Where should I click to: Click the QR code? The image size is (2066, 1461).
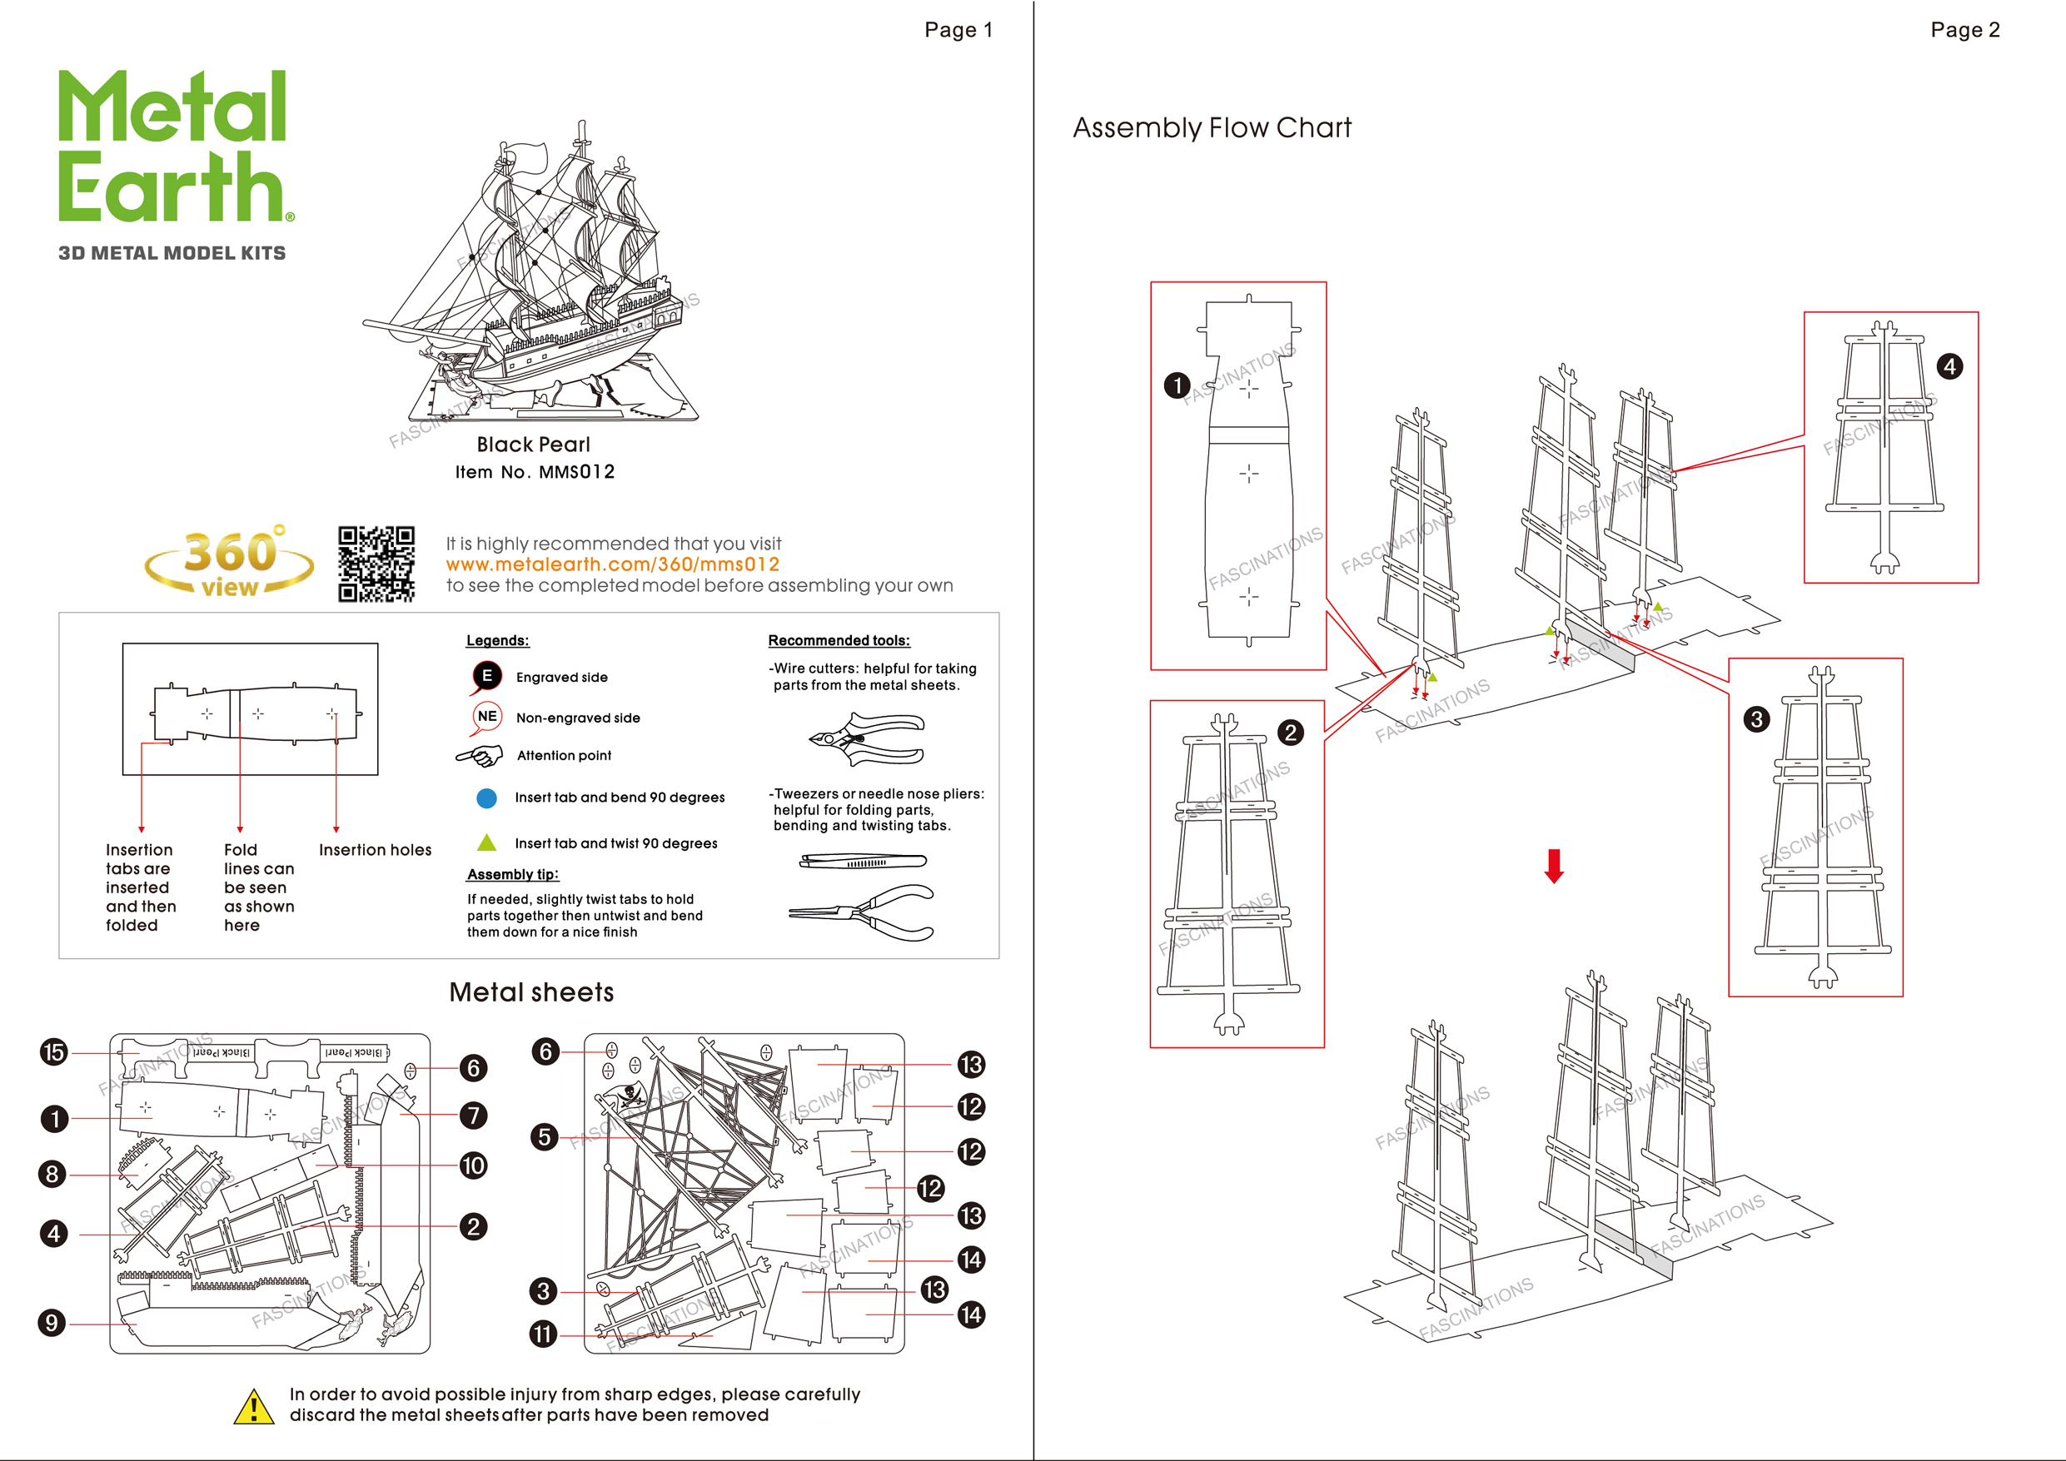click(376, 564)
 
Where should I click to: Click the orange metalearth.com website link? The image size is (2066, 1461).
click(612, 564)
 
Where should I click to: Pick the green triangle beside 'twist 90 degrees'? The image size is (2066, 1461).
click(486, 843)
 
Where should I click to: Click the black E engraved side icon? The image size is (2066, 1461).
click(486, 676)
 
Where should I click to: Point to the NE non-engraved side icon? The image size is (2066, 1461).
click(487, 716)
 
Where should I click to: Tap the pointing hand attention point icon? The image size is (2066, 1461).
click(480, 756)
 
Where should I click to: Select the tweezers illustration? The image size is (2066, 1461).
click(863, 861)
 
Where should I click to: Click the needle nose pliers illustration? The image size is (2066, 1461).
click(862, 912)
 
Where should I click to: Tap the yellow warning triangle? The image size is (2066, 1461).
click(254, 1406)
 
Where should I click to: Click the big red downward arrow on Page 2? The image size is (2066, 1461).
click(1554, 866)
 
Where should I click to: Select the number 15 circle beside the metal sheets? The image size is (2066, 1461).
click(54, 1051)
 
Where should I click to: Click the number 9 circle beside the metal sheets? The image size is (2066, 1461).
click(52, 1323)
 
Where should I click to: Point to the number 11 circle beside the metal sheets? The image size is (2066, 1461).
click(543, 1334)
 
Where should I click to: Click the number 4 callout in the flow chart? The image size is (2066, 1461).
click(1949, 366)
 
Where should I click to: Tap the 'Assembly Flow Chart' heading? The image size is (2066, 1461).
click(1211, 127)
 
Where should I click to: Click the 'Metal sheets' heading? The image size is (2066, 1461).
click(531, 992)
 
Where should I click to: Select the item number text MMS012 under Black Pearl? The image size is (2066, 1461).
click(577, 472)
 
